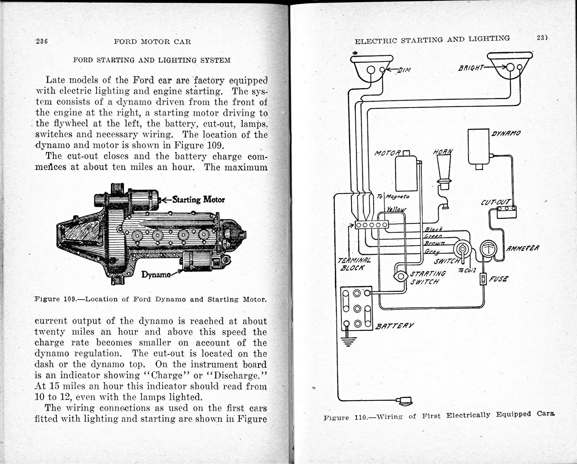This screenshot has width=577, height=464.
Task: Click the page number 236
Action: [42, 41]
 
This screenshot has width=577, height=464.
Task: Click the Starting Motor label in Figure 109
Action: [198, 200]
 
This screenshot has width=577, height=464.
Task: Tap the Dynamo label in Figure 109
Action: [156, 274]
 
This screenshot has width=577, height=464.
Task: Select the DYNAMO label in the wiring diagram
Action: [506, 133]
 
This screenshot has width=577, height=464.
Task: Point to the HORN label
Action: [443, 152]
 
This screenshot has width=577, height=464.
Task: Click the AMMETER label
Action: [523, 248]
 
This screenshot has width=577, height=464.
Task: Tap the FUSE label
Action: [498, 279]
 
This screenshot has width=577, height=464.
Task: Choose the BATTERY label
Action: [395, 326]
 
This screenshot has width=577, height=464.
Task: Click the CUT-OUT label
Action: [496, 202]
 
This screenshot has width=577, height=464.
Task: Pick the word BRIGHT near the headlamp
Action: [471, 68]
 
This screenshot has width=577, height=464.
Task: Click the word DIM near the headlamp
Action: [404, 70]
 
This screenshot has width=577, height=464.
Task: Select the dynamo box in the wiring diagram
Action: [478, 147]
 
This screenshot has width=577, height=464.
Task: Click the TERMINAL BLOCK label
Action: [354, 264]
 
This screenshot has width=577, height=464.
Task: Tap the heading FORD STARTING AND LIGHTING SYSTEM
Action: [152, 60]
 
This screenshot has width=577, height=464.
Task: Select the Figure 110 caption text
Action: [439, 416]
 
